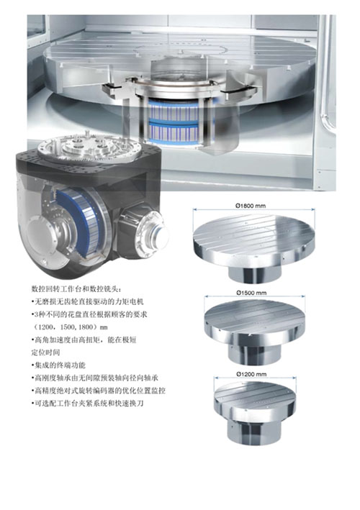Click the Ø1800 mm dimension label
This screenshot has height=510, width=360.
(x=251, y=206)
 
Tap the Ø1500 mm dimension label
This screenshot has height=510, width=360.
(x=251, y=293)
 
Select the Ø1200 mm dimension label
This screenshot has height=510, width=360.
(x=251, y=374)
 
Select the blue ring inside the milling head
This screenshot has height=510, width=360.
(x=85, y=224)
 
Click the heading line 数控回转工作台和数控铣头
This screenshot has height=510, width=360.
(x=77, y=288)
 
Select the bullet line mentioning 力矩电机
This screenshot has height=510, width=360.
(x=87, y=301)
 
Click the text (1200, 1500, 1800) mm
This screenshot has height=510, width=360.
(x=69, y=327)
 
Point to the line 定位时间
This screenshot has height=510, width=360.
(x=45, y=352)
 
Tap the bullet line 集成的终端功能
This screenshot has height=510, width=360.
(x=58, y=365)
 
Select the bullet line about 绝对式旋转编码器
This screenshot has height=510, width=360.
(x=99, y=391)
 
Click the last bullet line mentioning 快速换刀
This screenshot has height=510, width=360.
(x=87, y=404)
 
